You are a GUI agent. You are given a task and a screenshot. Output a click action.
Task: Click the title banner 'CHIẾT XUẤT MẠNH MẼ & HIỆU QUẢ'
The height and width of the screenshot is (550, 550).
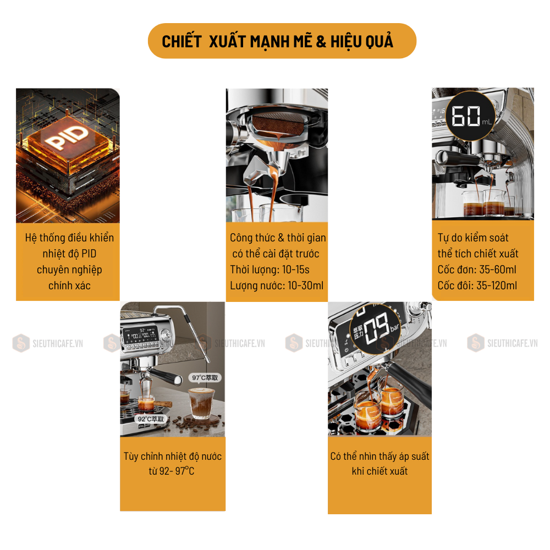282,41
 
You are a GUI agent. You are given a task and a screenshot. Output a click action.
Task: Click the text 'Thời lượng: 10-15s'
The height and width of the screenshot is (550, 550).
269,269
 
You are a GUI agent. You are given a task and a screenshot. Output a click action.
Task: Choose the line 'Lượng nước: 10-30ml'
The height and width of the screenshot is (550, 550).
277,285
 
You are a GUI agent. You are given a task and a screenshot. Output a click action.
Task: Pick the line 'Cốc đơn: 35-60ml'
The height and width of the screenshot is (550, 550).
477,269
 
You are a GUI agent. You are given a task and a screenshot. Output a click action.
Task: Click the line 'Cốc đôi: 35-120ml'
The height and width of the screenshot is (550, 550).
477,285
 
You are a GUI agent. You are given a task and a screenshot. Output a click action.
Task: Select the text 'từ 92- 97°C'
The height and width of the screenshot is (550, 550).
172,471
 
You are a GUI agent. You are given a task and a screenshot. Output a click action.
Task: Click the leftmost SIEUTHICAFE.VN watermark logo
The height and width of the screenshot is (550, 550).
20,343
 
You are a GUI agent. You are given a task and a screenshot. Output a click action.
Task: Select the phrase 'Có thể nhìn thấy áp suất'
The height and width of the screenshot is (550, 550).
380,456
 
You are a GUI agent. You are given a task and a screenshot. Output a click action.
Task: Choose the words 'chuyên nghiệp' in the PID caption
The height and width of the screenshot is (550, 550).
69,269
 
